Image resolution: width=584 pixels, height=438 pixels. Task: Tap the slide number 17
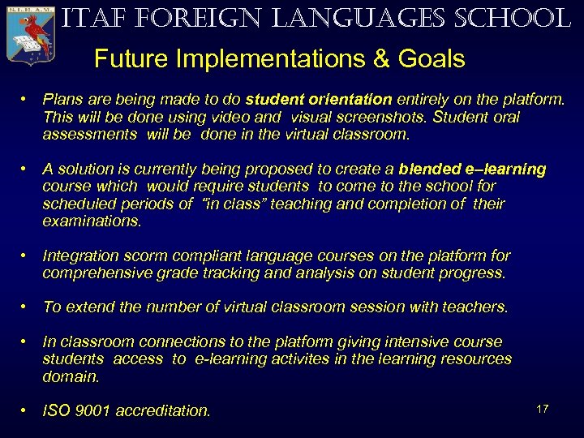[543, 408]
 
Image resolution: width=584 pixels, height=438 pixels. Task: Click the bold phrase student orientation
[319, 100]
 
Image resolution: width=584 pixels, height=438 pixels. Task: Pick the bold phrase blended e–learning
[472, 170]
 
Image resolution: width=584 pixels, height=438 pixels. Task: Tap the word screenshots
[384, 117]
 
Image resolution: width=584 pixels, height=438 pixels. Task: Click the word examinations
[92, 221]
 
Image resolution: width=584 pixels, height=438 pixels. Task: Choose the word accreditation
[162, 411]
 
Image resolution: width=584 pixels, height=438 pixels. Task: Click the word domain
[71, 376]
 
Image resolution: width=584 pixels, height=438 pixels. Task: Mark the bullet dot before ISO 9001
[27, 410]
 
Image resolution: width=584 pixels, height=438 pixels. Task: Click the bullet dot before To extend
[27, 307]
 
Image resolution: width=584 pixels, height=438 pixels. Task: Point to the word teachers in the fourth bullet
[474, 307]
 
